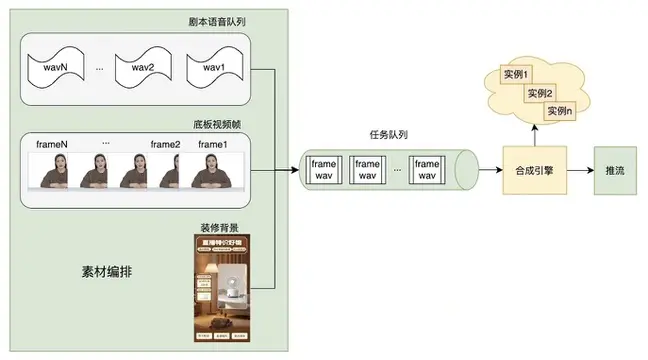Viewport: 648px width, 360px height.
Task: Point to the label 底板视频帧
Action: pos(217,125)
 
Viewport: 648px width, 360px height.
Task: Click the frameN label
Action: pos(54,145)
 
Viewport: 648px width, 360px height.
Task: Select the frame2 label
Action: pos(165,145)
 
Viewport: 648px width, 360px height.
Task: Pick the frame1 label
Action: pos(213,145)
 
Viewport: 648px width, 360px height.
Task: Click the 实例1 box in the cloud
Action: pos(516,76)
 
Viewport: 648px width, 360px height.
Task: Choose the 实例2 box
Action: pos(540,93)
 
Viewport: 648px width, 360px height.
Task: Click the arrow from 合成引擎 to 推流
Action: pos(581,171)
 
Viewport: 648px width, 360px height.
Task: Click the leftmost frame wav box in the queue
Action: pos(325,170)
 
